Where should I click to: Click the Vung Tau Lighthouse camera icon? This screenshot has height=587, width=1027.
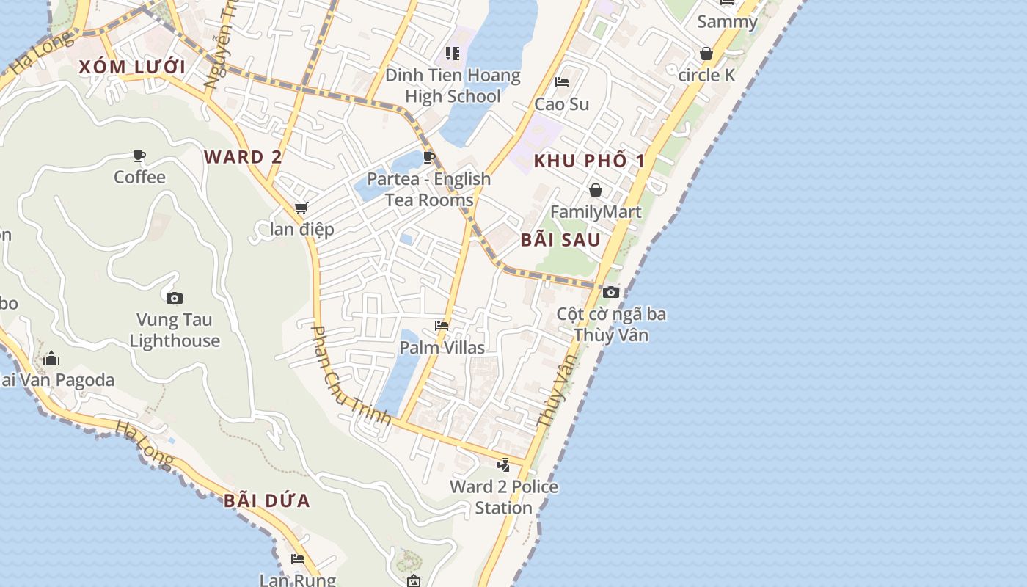[x=175, y=298]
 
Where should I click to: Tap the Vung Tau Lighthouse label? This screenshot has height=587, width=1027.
[x=175, y=330]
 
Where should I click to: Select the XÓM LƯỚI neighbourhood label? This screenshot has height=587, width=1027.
[x=132, y=68]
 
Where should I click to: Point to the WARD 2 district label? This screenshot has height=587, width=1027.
[x=243, y=157]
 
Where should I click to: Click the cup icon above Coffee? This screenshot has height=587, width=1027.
[x=139, y=156]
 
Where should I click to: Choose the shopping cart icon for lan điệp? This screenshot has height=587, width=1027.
[x=301, y=208]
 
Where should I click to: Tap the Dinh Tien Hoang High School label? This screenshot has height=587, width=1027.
[x=453, y=86]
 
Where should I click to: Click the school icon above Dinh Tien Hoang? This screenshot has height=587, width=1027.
[x=453, y=54]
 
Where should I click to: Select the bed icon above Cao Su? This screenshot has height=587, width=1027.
[x=562, y=82]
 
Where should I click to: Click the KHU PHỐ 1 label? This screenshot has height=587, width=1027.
[x=589, y=161]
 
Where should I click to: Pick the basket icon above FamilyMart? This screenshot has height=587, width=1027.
[x=596, y=191]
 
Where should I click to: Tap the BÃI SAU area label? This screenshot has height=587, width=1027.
[x=560, y=240]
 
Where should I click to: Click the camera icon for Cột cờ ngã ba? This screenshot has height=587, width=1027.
[x=610, y=292]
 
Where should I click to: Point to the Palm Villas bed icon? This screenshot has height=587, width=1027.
[x=442, y=325]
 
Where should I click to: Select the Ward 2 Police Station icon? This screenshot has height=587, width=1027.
[x=503, y=464]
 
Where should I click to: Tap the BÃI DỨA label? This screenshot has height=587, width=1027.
[x=267, y=501]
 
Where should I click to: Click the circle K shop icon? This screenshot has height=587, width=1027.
[x=706, y=54]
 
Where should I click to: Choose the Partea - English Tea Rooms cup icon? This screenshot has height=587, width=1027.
[x=429, y=157]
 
